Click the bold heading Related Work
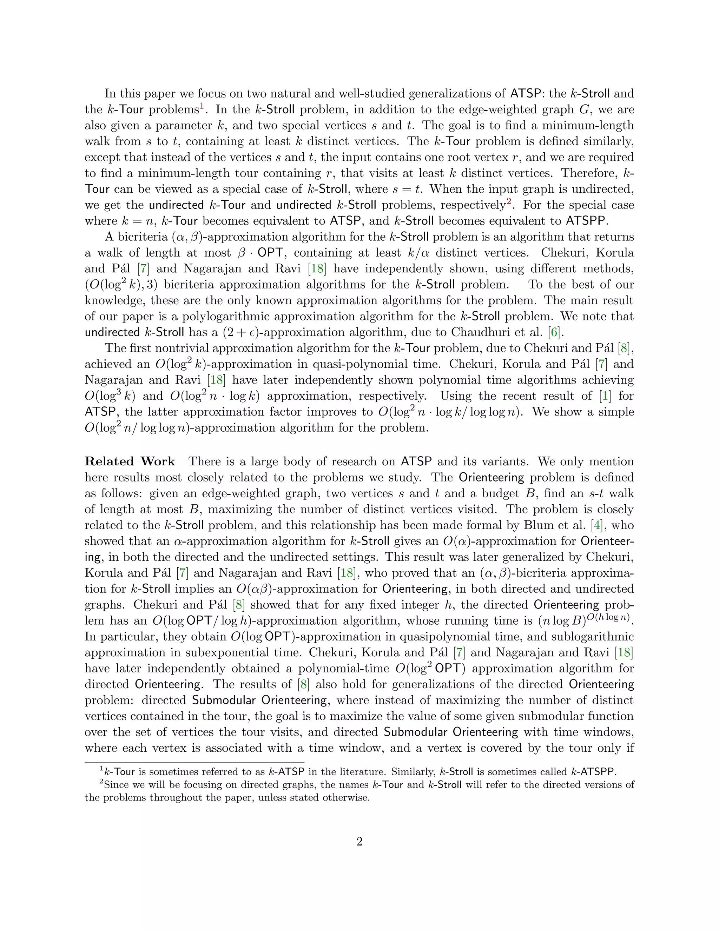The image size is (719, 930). tap(130, 461)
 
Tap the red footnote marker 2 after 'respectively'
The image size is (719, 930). tap(509, 201)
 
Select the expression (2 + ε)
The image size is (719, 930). tap(240, 332)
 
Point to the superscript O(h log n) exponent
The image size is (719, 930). tap(609, 616)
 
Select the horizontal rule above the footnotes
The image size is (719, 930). tap(194, 762)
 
